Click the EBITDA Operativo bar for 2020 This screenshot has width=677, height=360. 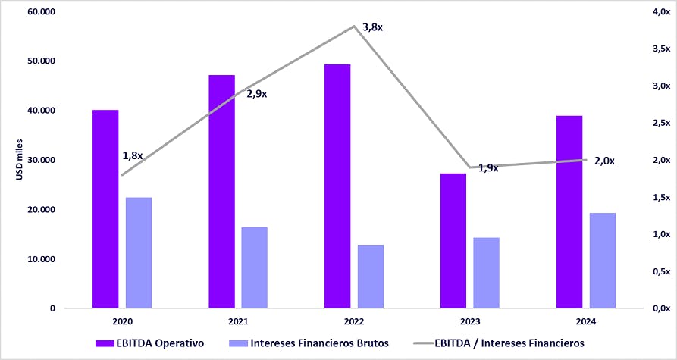click(x=105, y=209)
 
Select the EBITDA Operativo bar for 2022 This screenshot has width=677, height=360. click(x=337, y=186)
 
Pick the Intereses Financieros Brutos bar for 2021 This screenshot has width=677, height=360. click(x=255, y=268)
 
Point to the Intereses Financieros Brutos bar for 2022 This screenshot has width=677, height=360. click(x=371, y=277)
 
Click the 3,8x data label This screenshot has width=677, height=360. click(x=374, y=27)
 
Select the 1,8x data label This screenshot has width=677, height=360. click(x=133, y=155)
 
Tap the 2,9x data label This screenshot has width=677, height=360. click(x=256, y=94)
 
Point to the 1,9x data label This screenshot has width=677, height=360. click(x=488, y=168)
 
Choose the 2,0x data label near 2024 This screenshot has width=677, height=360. click(x=604, y=161)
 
